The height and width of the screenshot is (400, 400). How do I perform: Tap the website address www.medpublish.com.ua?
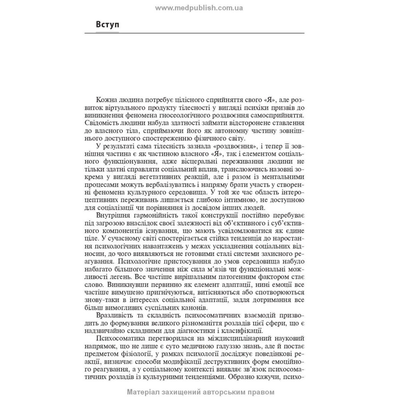[x=200, y=8]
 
